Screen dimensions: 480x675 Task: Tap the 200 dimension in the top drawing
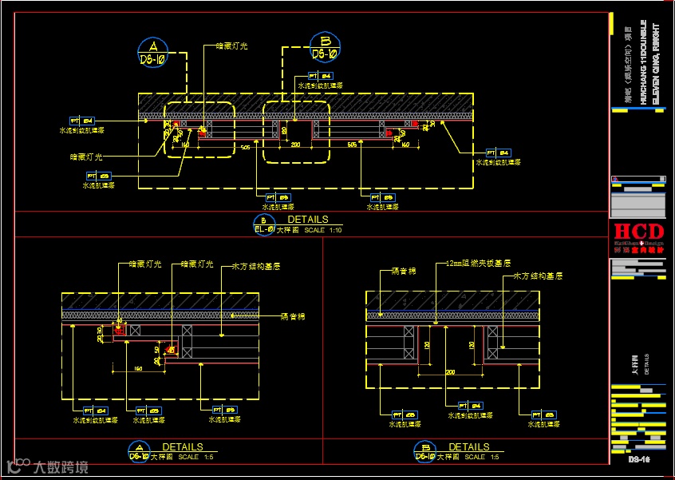pyautogui.click(x=294, y=145)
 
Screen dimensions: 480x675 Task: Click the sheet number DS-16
pyautogui.click(x=639, y=460)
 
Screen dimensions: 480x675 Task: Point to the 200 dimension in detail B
pyautogui.click(x=449, y=372)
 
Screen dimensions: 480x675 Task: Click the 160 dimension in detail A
pyautogui.click(x=138, y=368)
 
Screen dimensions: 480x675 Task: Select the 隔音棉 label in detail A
pyautogui.click(x=294, y=316)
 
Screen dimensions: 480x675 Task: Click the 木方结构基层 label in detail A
pyautogui.click(x=255, y=266)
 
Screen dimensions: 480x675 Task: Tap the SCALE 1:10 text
pyautogui.click(x=323, y=230)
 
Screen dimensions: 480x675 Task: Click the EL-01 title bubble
pyautogui.click(x=264, y=225)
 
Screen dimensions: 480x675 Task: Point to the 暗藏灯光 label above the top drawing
pyautogui.click(x=231, y=46)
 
